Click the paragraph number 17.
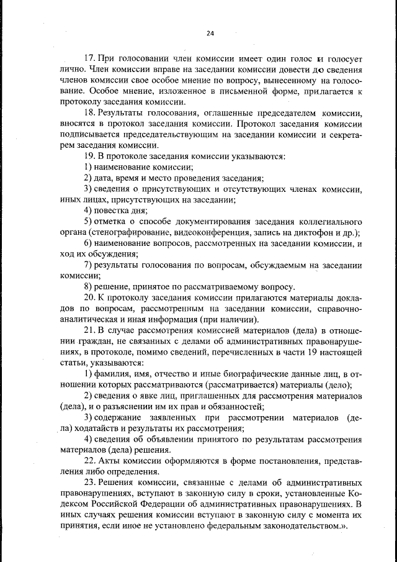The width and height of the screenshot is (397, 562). coord(89,58)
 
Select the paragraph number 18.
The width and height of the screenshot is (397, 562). coord(89,114)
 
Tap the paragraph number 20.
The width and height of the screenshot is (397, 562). coord(89,297)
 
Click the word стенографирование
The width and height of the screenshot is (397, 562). coord(131,232)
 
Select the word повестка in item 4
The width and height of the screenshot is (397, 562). coord(112,211)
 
